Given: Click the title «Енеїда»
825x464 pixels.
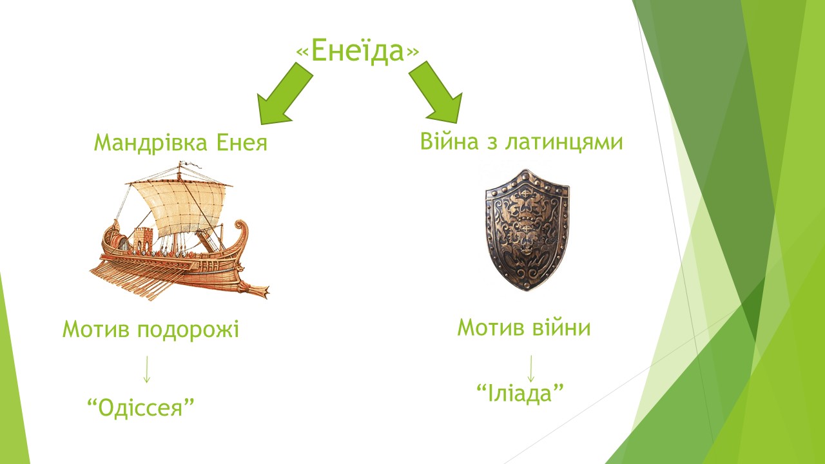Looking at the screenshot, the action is pos(358,51).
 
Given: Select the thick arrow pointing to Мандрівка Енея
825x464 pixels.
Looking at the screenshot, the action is pos(284,93).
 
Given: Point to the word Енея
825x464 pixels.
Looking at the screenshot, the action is pos(242,142).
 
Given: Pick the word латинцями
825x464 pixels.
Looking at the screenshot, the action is pos(564,143).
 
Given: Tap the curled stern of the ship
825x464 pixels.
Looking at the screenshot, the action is pos(241,236).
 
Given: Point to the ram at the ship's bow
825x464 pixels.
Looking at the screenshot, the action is pos(254,289).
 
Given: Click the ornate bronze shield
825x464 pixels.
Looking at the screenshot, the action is pos(527,230).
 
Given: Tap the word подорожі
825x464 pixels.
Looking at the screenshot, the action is pos(188,330).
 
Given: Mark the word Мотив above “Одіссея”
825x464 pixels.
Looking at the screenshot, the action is pos(96,329).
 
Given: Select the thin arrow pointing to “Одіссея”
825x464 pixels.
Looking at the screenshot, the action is pos(146,369).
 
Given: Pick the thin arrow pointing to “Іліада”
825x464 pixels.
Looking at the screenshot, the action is pos(530,368).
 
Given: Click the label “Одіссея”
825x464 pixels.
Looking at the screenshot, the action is pos(141,408).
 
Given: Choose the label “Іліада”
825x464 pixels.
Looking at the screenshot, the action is pos(520,393).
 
